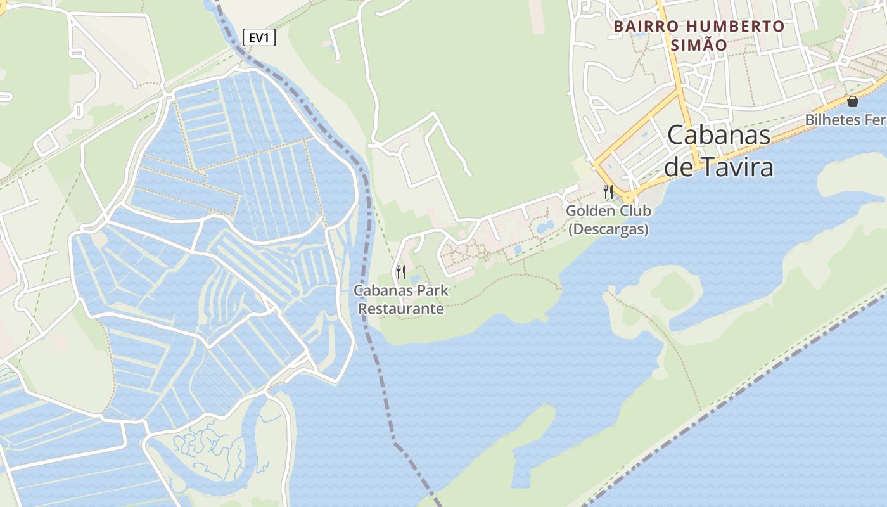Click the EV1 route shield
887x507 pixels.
tap(259, 38)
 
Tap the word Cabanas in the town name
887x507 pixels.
tap(719, 135)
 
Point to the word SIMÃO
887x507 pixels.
tap(699, 45)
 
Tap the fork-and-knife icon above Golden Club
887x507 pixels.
tap(608, 191)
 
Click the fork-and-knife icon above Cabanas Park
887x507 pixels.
tap(401, 272)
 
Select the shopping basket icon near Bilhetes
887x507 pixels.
tap(853, 101)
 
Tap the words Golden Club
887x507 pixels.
tap(608, 211)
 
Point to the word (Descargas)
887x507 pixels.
tap(608, 229)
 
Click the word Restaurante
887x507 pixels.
tap(401, 309)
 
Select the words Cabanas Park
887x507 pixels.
tap(401, 291)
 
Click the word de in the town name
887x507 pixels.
tap(679, 167)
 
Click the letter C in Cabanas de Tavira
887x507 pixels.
tap(677, 136)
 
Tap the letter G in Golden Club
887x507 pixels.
tap(571, 211)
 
